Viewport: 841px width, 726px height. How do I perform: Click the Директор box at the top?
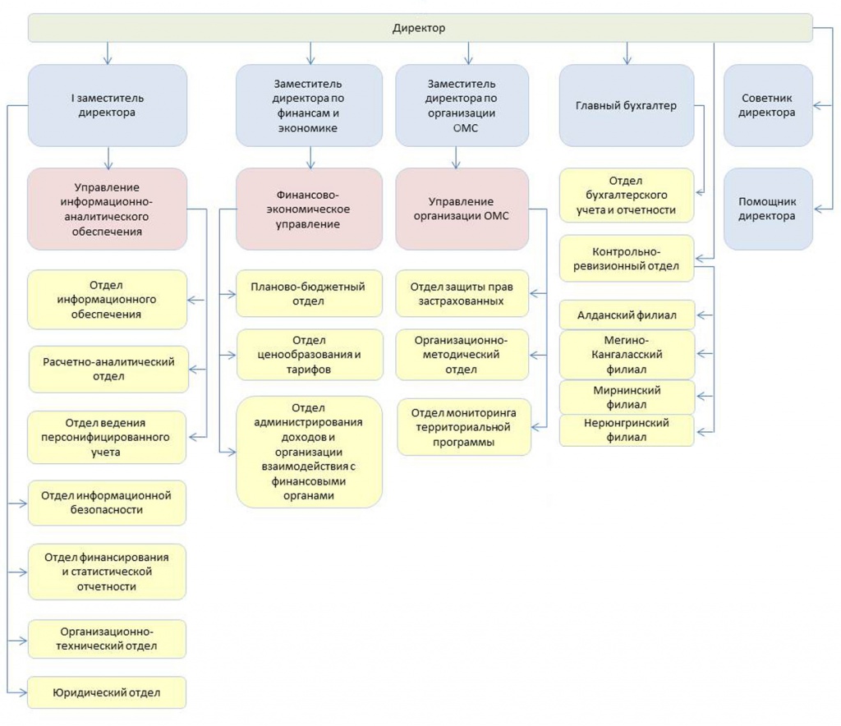(x=420, y=28)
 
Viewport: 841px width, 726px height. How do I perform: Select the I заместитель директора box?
(x=108, y=105)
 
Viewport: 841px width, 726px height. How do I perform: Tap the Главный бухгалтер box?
(x=627, y=105)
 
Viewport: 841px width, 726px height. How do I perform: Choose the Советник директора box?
(x=768, y=105)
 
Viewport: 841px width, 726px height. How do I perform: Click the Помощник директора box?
(x=768, y=209)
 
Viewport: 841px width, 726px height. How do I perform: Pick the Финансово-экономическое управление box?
(x=309, y=209)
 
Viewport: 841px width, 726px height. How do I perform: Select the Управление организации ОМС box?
(x=462, y=209)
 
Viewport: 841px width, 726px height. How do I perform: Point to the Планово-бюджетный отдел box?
(x=309, y=293)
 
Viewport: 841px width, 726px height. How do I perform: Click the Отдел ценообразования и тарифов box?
(x=310, y=355)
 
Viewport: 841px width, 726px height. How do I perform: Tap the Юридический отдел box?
(x=107, y=692)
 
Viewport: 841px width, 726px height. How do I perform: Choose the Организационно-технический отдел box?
(x=107, y=639)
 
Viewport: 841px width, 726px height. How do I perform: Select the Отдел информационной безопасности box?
(x=107, y=503)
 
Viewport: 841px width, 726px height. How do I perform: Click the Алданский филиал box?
(x=627, y=315)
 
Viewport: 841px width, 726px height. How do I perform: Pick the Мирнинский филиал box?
(x=627, y=397)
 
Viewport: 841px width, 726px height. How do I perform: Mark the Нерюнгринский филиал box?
(x=627, y=430)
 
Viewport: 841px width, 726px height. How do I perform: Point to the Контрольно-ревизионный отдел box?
(x=627, y=259)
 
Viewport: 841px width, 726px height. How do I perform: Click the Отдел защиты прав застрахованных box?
(x=462, y=293)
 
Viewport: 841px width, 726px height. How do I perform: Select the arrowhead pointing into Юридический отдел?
(x=22, y=692)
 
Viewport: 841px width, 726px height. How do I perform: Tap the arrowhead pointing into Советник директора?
(x=818, y=106)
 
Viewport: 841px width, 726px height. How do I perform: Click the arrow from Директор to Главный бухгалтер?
(x=627, y=53)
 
